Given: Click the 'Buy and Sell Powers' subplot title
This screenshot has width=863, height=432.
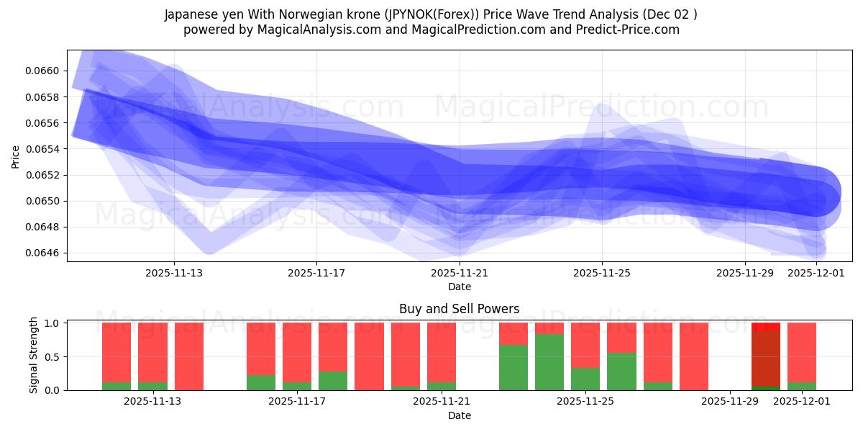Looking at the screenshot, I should click(459, 309).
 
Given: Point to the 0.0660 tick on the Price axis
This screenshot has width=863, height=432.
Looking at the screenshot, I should click(44, 71).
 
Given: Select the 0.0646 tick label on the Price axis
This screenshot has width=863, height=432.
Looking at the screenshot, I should click(44, 253).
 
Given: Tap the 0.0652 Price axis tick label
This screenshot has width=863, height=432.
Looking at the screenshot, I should click(44, 175).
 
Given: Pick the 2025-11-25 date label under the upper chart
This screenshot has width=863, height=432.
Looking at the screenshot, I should click(601, 273).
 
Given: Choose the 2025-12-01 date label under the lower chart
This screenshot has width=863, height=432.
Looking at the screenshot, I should click(801, 402).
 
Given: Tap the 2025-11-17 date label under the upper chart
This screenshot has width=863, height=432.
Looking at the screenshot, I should click(316, 273).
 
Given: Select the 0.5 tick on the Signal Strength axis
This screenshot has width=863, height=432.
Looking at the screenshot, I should click(51, 356).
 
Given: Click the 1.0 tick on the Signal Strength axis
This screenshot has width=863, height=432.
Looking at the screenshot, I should click(51, 323).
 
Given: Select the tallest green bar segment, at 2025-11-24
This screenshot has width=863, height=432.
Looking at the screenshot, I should click(549, 362).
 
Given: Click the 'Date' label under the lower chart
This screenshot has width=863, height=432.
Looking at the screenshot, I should click(459, 415).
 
